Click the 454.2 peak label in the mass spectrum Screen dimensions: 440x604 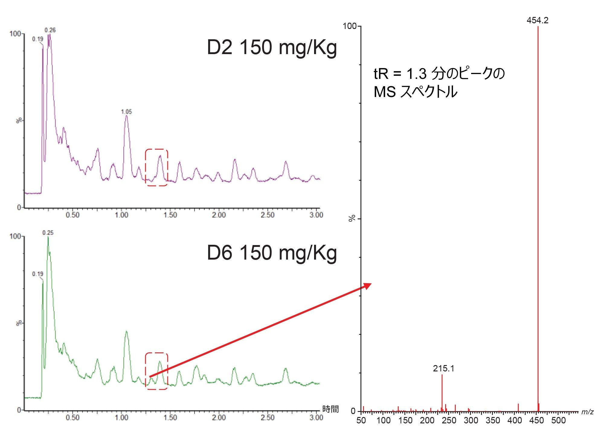537,20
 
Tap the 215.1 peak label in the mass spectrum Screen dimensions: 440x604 443,368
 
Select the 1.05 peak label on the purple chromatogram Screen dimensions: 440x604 126,112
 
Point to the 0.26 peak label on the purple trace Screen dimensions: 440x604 50,30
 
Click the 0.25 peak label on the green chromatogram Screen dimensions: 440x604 48,233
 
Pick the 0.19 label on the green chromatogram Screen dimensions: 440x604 38,274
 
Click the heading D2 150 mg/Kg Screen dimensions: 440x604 271,47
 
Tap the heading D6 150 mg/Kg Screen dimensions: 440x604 271,253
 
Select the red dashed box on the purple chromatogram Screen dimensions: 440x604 156,167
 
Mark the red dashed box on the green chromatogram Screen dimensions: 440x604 156,371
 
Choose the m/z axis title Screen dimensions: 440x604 587,412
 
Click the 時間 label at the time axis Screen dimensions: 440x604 330,409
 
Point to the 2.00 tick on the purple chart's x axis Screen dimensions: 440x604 219,215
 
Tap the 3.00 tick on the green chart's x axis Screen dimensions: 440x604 316,418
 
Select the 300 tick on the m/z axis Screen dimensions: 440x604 471,420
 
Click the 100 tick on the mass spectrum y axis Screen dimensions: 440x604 350,26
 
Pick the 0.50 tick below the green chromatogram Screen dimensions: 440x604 72,418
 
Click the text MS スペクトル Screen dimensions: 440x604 415,92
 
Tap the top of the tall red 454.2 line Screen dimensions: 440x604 538,27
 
